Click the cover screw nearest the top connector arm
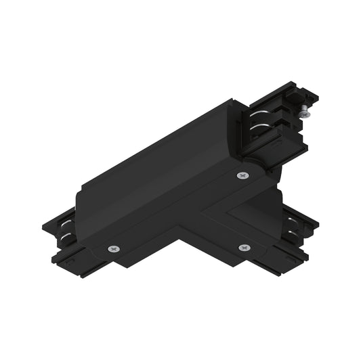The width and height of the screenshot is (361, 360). tap(242, 176)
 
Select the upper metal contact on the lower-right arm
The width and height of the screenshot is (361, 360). tap(294, 221)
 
